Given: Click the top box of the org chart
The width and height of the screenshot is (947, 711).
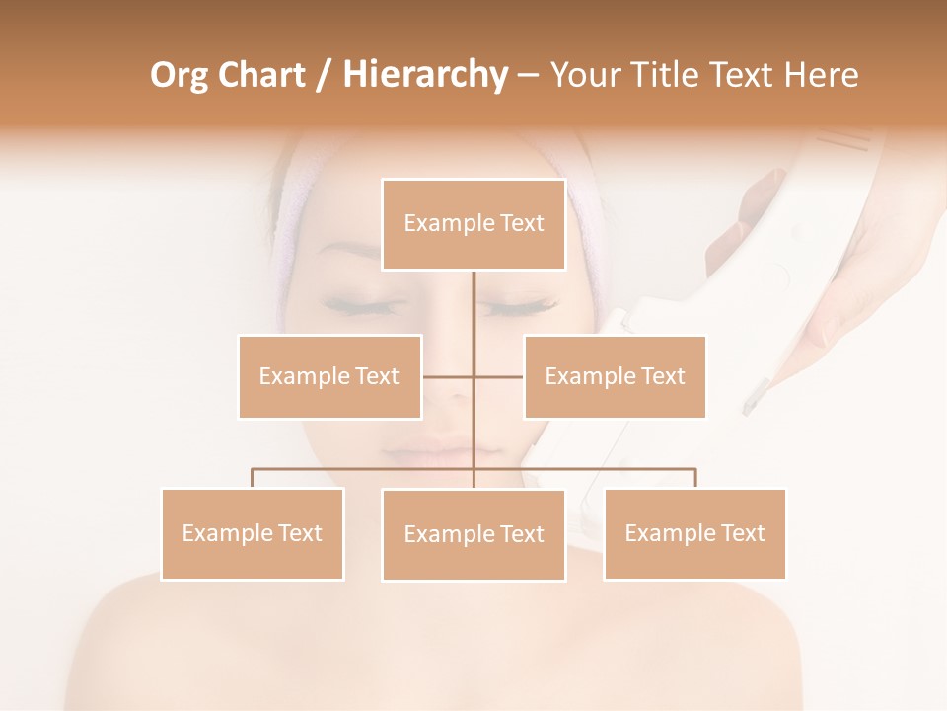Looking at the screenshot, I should (473, 224).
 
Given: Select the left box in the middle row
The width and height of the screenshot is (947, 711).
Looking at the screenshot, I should (329, 376).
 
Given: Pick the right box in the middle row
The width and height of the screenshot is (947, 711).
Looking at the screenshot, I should (615, 376).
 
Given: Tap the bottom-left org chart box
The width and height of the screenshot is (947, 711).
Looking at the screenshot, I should (253, 533).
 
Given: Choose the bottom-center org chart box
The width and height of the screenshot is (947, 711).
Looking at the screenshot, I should (473, 534).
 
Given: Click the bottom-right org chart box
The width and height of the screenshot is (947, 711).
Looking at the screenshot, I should (694, 533).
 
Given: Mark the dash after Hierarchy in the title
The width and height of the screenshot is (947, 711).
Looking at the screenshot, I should (528, 74).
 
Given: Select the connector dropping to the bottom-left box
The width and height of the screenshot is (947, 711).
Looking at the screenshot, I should (253, 478).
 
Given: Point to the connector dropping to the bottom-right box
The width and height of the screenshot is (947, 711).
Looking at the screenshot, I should (694, 478).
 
